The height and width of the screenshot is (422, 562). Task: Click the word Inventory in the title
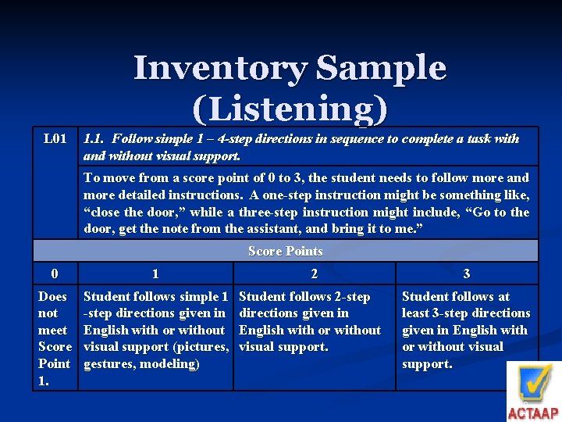(x=219, y=69)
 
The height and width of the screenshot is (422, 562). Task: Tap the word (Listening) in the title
(x=289, y=109)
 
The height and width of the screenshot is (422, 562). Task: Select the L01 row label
(x=54, y=139)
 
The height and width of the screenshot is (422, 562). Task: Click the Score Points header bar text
(x=285, y=251)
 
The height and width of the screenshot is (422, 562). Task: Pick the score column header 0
(x=54, y=274)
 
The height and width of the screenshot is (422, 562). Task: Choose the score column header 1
(x=155, y=274)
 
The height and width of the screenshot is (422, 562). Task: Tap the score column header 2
(x=314, y=274)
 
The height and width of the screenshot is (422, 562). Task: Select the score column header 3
(x=467, y=274)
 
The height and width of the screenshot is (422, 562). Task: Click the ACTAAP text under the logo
(x=533, y=413)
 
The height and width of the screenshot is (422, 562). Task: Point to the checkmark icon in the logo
(x=534, y=384)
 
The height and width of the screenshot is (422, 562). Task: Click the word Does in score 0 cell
(x=52, y=296)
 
